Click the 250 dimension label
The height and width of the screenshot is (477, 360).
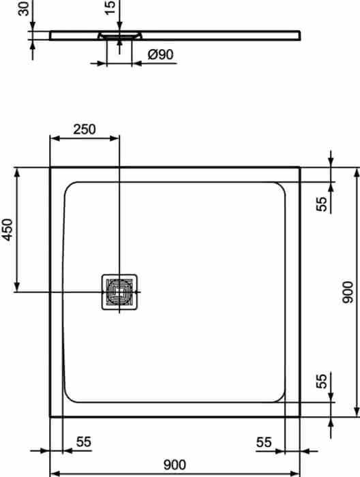point(85,129)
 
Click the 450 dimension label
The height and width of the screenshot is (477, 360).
point(7,230)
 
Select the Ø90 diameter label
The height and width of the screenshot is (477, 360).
point(160,55)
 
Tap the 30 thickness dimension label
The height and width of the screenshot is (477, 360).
point(23,8)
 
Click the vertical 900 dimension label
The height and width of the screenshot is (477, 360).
point(348,292)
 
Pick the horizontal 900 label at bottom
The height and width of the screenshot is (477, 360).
point(175,465)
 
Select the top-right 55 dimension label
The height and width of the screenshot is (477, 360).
point(322,204)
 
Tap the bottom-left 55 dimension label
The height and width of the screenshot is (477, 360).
point(83,442)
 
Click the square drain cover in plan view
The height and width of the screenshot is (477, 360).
point(119,292)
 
